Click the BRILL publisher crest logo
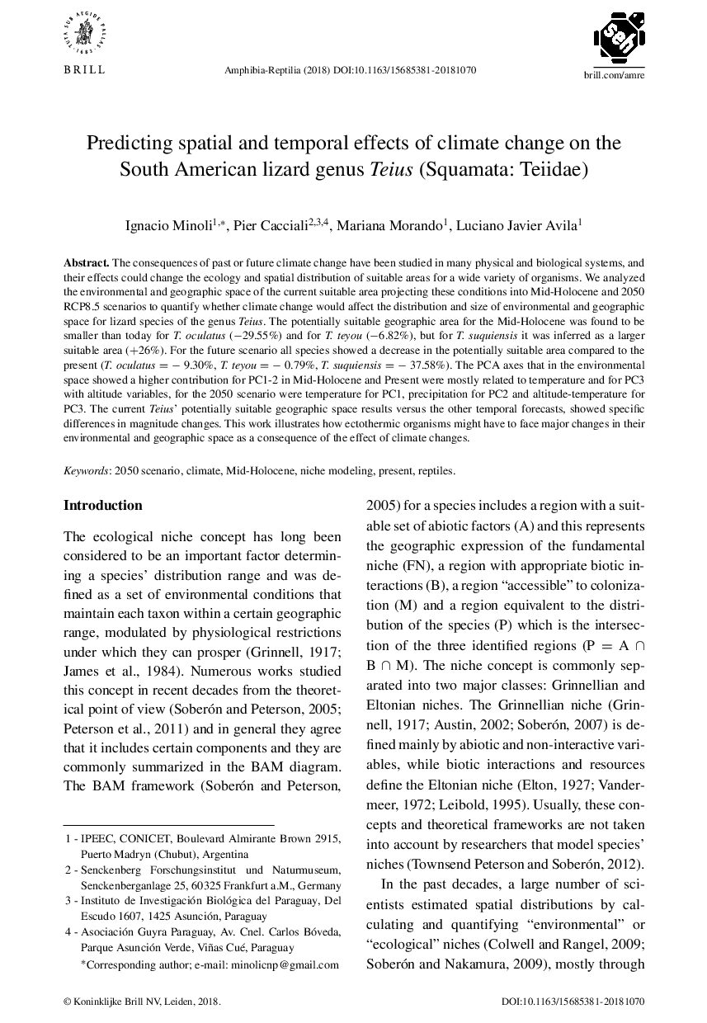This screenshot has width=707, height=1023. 85,33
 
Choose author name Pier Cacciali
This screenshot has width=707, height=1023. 271,224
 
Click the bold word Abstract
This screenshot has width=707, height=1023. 86,262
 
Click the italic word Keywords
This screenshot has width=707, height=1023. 87,470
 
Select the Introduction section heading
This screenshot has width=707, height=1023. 102,506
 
